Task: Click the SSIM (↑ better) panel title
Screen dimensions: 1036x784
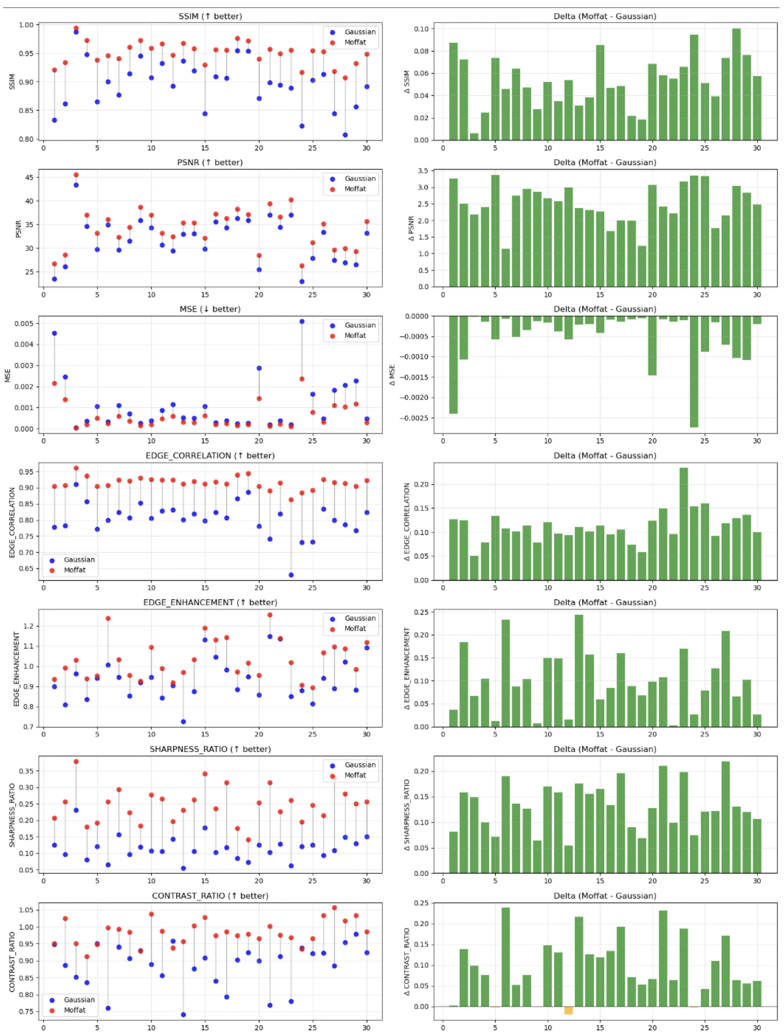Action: [210, 16]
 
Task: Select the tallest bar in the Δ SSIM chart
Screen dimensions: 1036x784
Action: [736, 84]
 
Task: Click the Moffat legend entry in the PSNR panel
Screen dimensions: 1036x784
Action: [355, 189]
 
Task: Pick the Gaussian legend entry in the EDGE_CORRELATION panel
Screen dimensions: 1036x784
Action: [79, 560]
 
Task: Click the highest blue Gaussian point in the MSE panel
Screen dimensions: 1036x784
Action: [302, 321]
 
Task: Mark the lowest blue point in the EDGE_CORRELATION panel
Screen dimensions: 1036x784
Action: [291, 575]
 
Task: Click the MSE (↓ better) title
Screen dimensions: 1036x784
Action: [210, 309]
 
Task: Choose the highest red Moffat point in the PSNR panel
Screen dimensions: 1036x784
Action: [76, 175]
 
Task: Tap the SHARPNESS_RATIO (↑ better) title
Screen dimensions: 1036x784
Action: [210, 749]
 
